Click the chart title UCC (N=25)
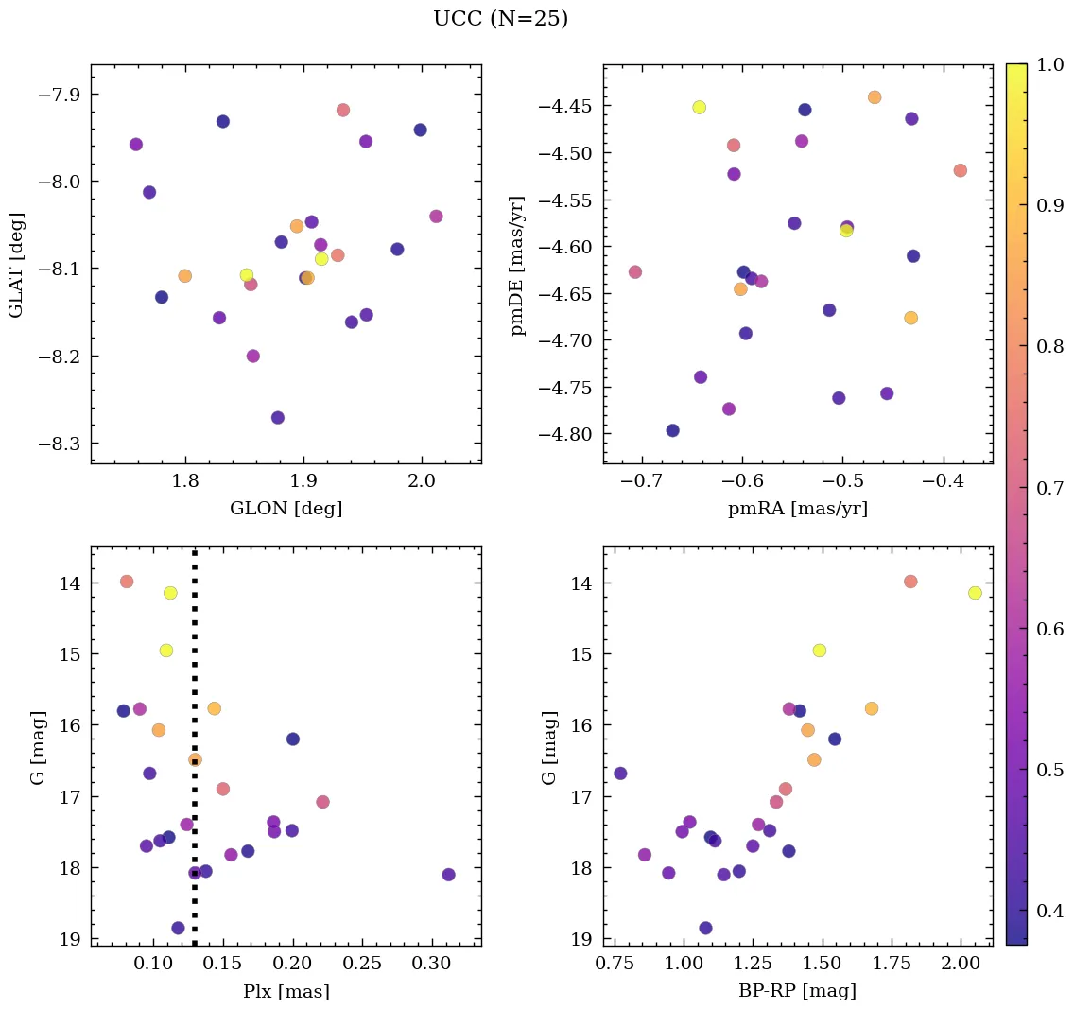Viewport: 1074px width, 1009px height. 500,19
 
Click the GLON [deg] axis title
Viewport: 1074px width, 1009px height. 286,509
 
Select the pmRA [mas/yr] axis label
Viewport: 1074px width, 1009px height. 797,509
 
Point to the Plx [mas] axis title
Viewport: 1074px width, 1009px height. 286,991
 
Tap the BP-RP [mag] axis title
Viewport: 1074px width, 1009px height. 797,991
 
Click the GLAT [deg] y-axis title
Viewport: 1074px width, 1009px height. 17,264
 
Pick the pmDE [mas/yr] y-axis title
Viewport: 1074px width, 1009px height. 518,264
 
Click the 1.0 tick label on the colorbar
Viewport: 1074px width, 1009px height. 1050,65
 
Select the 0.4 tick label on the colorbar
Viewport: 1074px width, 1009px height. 1050,911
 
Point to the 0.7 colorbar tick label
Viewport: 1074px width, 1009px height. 1050,488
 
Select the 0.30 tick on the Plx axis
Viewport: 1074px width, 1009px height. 432,965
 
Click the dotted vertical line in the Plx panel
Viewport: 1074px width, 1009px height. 195,662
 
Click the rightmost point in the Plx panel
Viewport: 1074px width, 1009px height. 448,875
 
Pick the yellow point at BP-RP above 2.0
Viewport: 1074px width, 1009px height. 975,593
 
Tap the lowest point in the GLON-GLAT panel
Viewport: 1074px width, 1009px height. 277,418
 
